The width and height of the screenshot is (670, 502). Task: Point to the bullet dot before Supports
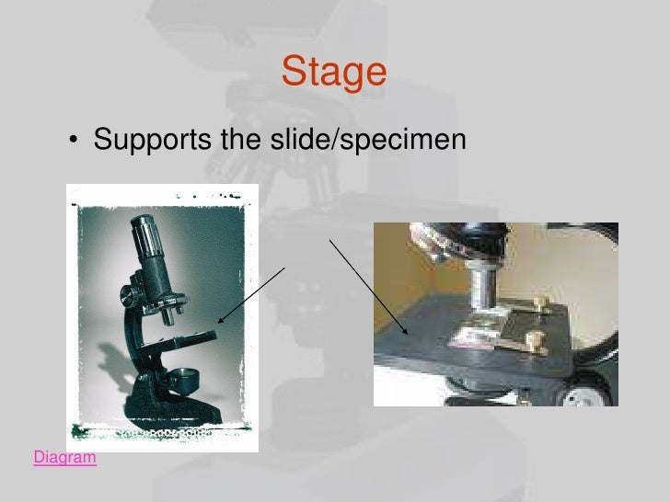(x=72, y=143)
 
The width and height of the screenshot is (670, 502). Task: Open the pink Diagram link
(x=64, y=456)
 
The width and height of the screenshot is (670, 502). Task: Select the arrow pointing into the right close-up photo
(x=367, y=286)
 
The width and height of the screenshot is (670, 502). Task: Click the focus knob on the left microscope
(x=129, y=297)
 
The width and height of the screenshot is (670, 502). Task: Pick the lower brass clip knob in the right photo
(x=532, y=341)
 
